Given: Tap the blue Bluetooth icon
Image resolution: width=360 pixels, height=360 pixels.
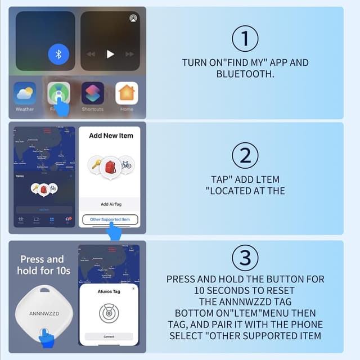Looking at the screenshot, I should click(58, 54).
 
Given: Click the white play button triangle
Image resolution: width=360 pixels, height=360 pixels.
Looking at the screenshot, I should click(110, 54).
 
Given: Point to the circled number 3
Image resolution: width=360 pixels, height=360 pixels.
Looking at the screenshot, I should click(245, 258).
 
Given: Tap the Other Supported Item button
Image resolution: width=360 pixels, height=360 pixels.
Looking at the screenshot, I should click(110, 219).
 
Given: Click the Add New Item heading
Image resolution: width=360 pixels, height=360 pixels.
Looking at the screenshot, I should click(110, 136).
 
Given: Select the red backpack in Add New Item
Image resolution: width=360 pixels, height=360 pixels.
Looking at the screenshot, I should click(110, 166).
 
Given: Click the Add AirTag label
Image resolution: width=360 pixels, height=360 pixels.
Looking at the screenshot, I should click(110, 204).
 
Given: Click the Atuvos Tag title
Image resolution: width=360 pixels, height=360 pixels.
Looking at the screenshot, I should click(110, 292).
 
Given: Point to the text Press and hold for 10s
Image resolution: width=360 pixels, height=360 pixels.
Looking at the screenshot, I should click(42, 265).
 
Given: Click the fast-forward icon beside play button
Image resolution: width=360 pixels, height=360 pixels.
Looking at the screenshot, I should click(130, 54).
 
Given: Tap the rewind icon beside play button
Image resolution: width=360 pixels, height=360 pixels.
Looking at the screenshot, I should click(91, 54).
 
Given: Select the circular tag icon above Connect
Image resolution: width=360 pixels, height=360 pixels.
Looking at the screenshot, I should click(110, 313).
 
